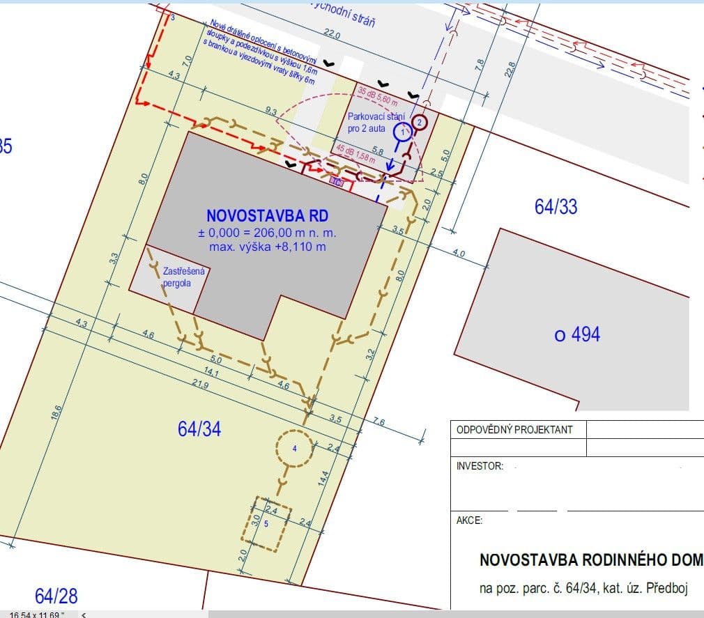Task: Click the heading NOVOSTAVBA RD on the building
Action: [267, 215]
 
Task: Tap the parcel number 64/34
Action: [199, 429]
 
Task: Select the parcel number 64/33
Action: [556, 206]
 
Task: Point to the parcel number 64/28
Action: [56, 596]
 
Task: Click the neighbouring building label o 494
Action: [577, 334]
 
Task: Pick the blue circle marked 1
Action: [402, 131]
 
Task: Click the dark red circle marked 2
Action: [420, 122]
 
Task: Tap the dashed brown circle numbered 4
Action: [294, 449]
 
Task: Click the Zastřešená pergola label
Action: [177, 278]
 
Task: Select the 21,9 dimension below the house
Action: [201, 383]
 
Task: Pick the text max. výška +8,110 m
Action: [268, 247]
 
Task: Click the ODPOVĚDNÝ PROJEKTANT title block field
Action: [514, 429]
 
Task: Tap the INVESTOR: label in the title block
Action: [480, 466]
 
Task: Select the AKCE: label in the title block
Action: [469, 520]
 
